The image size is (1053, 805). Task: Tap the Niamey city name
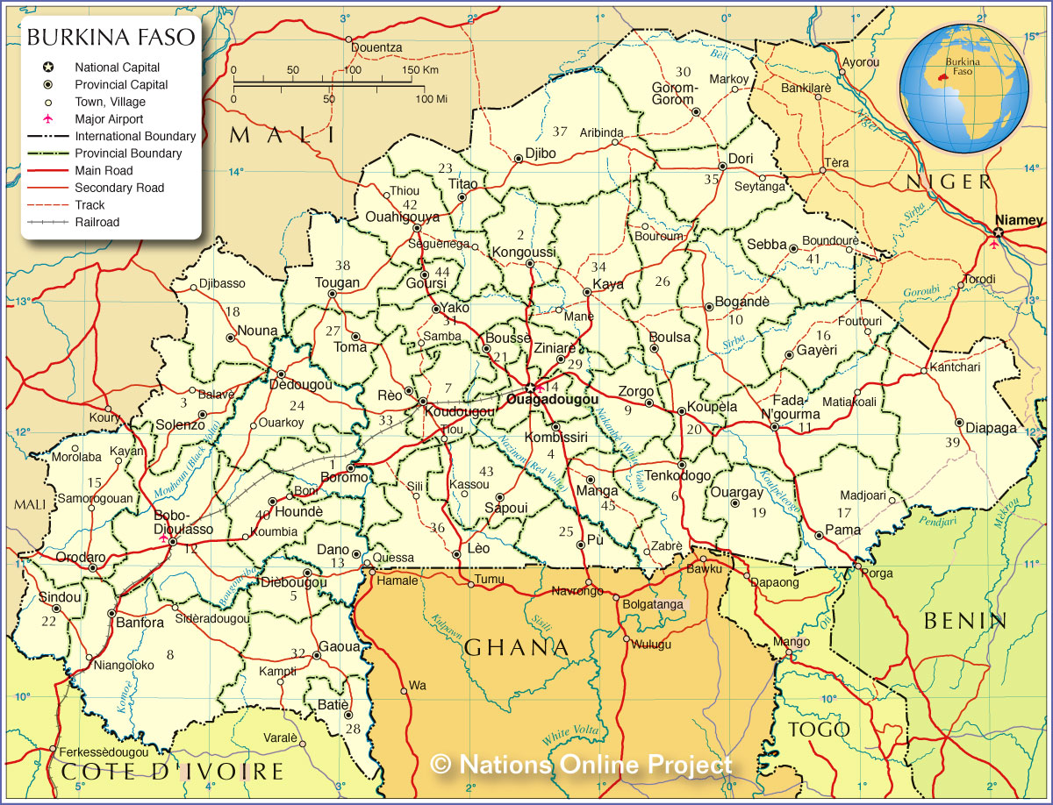point(1019,219)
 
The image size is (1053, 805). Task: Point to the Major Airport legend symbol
point(47,119)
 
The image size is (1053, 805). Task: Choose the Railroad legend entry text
point(97,222)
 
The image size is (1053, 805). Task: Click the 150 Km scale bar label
point(419,70)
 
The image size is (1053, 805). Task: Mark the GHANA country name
point(517,647)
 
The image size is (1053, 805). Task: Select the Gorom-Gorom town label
point(674,94)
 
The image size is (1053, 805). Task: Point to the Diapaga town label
point(991,428)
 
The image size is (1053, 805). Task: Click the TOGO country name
point(819,730)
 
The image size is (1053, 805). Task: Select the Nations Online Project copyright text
point(582,764)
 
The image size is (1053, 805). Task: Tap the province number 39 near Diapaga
point(952,442)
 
